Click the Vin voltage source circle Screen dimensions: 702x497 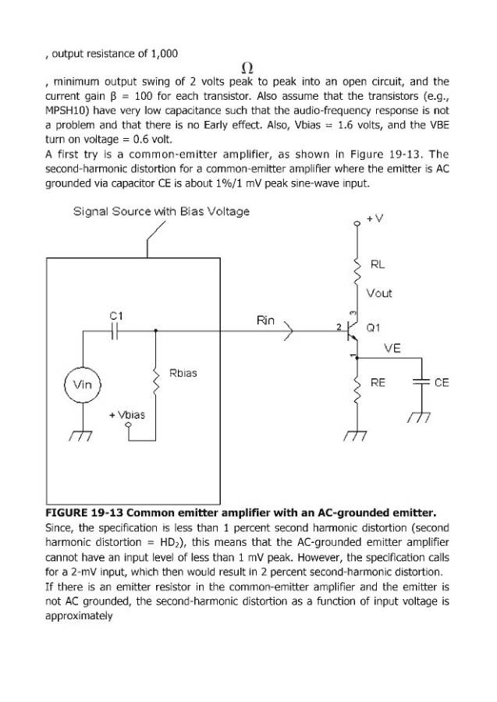82,385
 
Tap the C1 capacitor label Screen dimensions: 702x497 115,315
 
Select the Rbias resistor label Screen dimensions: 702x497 183,372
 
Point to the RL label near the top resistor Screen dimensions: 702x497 378,264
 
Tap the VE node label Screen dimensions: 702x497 392,349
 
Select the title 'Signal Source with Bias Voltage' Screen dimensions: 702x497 162,211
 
